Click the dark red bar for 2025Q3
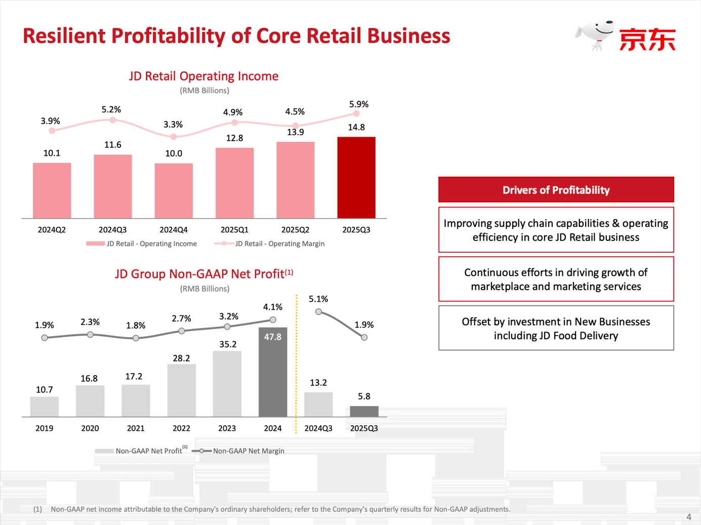click(356, 178)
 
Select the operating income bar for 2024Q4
click(174, 191)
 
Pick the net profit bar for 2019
click(45, 407)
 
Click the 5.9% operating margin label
click(359, 104)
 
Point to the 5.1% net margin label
click(318, 299)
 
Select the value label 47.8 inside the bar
click(273, 337)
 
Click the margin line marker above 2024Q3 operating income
click(113, 120)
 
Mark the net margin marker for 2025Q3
click(364, 337)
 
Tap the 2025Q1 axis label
click(234, 230)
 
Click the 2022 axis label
click(181, 428)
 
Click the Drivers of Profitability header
click(556, 190)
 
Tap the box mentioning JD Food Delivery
click(556, 328)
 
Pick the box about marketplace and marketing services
click(556, 279)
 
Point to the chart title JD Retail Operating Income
click(203, 76)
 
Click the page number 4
click(688, 517)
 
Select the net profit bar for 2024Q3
click(318, 405)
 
